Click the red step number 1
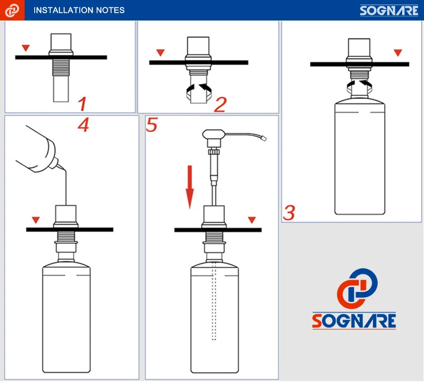[x=82, y=104]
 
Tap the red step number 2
[x=220, y=105]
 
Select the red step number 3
[x=289, y=213]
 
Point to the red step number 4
[x=83, y=125]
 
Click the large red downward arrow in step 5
[x=190, y=187]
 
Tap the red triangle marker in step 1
[x=26, y=48]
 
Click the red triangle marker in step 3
[x=398, y=52]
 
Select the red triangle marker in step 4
[x=36, y=220]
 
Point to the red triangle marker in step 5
[x=252, y=220]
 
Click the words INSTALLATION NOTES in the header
[x=79, y=10]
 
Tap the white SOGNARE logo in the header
[x=389, y=10]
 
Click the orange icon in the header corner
[x=12, y=10]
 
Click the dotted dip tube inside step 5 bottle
[x=214, y=300]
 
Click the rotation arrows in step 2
[x=199, y=92]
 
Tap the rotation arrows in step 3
[x=359, y=87]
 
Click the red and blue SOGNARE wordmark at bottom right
[x=354, y=320]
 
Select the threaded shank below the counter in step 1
[x=61, y=67]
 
